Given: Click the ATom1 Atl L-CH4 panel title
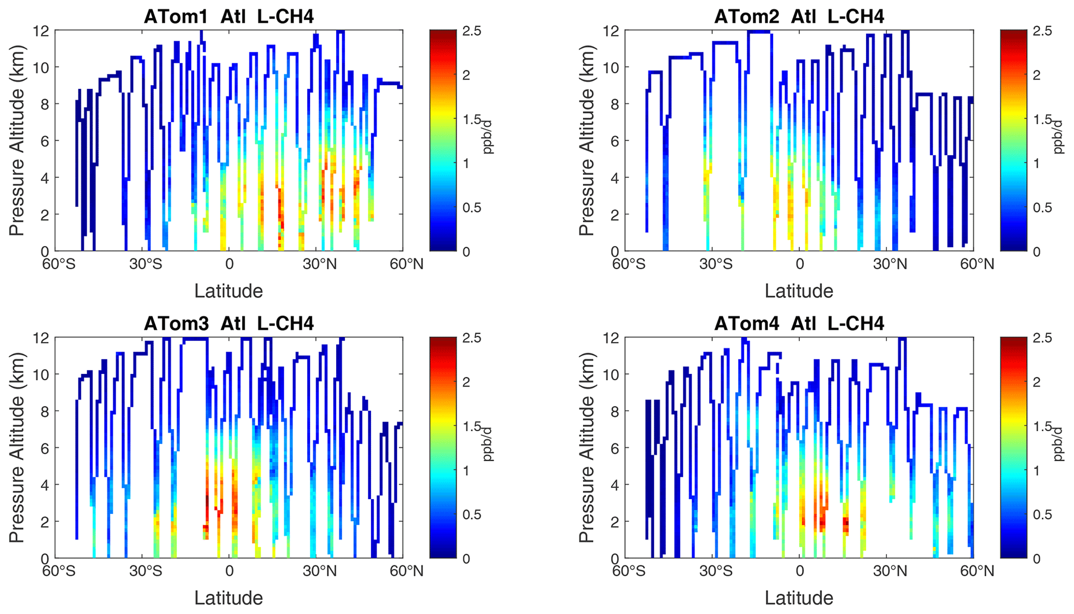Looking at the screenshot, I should [x=229, y=17].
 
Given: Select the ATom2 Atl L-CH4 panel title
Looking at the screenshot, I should [x=799, y=17].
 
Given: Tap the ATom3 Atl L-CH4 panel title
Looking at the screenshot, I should [x=229, y=324].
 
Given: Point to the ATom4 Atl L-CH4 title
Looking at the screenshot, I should [x=799, y=324].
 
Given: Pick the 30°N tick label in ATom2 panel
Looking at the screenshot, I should [x=890, y=264].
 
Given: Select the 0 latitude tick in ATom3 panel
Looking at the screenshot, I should [x=229, y=571].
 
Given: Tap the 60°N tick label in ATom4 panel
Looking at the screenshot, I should [x=977, y=571].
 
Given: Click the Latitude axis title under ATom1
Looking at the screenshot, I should [x=229, y=291].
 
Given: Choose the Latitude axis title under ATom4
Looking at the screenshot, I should [x=799, y=598].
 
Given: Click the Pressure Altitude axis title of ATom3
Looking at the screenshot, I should [x=17, y=447].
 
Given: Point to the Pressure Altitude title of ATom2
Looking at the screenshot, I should [x=587, y=140].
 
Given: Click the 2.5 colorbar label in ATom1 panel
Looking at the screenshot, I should [x=472, y=31].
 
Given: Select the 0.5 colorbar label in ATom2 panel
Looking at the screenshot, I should [x=1042, y=207].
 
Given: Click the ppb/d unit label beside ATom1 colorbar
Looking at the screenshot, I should [x=487, y=137].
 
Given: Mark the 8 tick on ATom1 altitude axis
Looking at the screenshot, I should [x=45, y=104].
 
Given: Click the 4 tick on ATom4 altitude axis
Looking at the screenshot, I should [x=615, y=485].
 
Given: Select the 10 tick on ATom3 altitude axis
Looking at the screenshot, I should [x=42, y=374].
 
